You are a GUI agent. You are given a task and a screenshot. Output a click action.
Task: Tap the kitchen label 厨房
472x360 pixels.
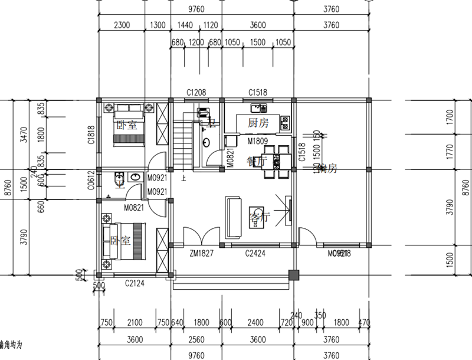click(258, 123)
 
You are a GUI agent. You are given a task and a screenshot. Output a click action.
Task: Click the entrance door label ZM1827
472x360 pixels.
click(201, 254)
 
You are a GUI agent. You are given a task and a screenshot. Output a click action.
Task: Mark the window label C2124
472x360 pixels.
click(135, 283)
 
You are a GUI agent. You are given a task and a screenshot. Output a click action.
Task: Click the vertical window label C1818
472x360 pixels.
click(91, 135)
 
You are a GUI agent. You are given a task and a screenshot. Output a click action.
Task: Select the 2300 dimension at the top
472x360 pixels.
click(122, 25)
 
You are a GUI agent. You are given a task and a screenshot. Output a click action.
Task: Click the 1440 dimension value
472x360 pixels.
click(178, 25)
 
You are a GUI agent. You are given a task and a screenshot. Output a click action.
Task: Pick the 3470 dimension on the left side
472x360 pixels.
click(24, 135)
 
